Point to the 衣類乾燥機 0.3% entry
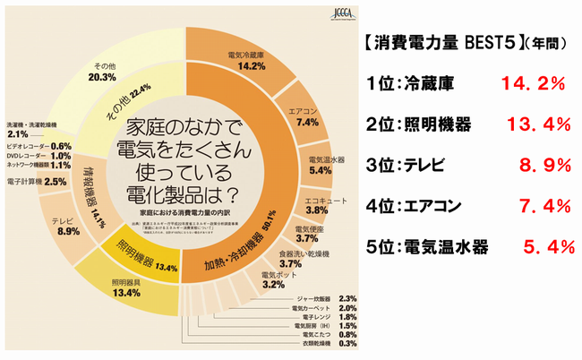(x=308, y=343)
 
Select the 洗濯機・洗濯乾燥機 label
(x=31, y=124)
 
